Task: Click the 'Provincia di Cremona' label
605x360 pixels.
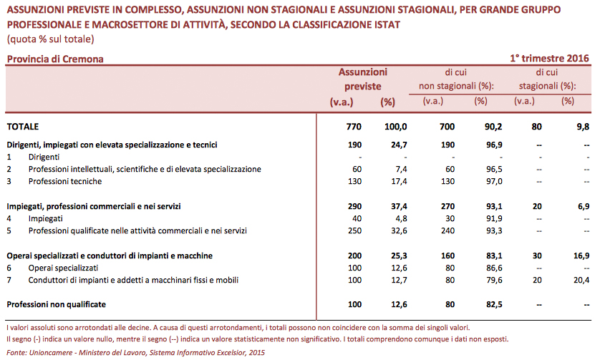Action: [55, 59]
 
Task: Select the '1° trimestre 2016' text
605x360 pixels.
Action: [549, 59]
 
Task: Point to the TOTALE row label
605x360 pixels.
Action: [23, 127]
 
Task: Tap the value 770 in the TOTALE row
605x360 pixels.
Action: [354, 127]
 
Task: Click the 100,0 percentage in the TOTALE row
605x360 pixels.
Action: [396, 127]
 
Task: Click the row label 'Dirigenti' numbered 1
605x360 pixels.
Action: [44, 157]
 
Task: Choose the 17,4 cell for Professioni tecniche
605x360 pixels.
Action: [398, 181]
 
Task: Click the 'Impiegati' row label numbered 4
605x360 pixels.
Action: [46, 218]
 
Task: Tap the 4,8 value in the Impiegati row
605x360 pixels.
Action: [400, 218]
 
